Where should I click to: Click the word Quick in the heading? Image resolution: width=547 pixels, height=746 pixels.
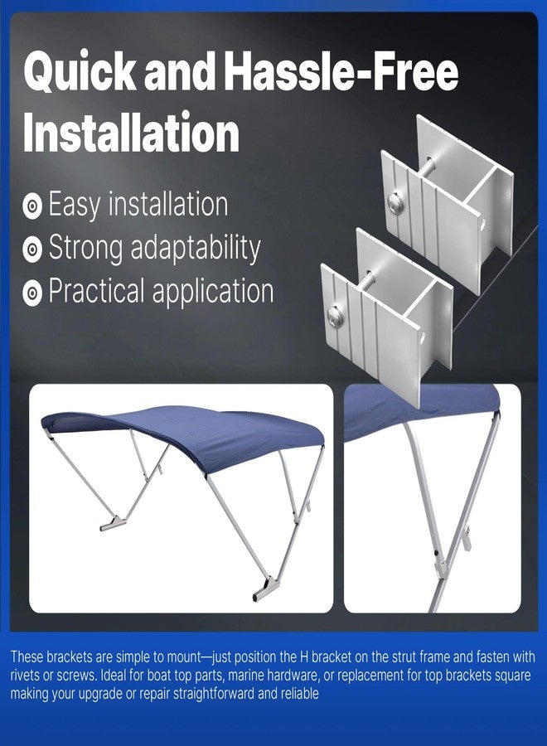[80, 72]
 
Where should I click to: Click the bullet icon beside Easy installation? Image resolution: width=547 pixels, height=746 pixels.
[32, 206]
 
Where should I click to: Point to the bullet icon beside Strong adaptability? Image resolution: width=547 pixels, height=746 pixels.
[32, 249]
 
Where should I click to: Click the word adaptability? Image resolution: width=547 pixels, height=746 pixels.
[195, 249]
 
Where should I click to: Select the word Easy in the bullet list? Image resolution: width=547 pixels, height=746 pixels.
[75, 206]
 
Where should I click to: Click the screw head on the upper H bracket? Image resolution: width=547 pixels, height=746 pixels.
[395, 203]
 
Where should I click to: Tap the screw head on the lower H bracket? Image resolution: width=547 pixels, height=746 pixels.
[335, 317]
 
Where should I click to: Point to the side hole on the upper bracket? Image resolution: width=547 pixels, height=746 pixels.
[482, 224]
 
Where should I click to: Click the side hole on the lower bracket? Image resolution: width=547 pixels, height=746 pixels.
[422, 337]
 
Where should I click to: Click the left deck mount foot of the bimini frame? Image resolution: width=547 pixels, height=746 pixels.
[113, 524]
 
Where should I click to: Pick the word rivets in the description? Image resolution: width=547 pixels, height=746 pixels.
[24, 675]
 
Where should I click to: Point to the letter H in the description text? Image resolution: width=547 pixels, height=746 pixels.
[304, 657]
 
